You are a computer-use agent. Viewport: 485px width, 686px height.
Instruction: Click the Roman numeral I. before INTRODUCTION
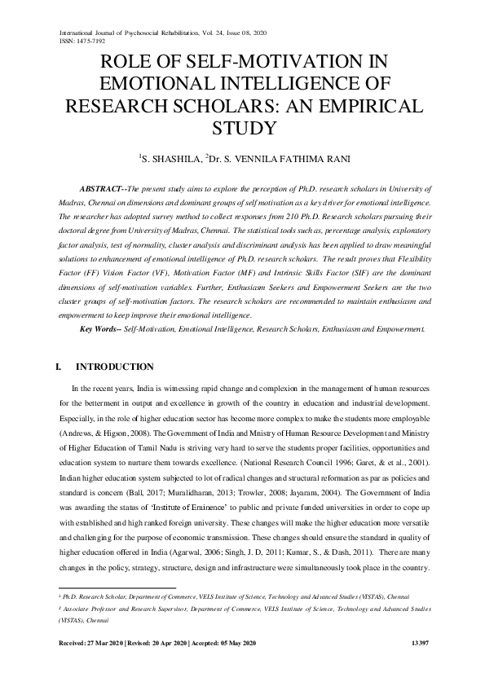coord(57,367)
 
